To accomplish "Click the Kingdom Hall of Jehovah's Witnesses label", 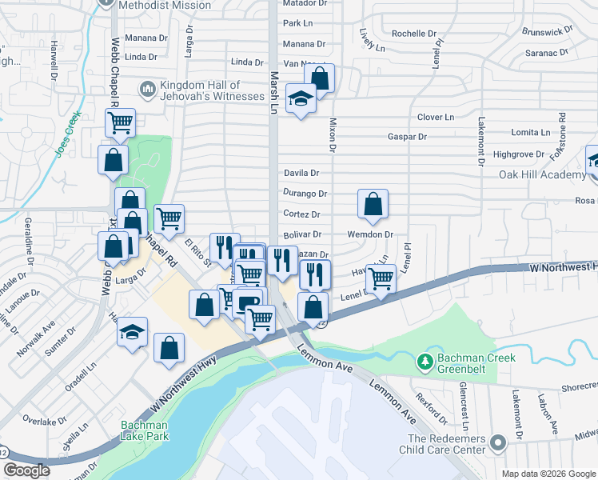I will (x=213, y=90).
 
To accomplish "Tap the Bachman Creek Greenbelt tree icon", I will (x=425, y=364).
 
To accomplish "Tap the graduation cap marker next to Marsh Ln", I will (x=301, y=98).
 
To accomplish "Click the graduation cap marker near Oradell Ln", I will (x=133, y=334).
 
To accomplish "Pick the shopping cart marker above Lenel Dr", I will (x=381, y=278).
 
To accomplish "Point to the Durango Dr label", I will (x=305, y=194).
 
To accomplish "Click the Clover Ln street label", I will (x=436, y=117).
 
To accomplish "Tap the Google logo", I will (x=27, y=470).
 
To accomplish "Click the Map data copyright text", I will (x=548, y=474).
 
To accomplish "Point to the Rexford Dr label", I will (x=433, y=408).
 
